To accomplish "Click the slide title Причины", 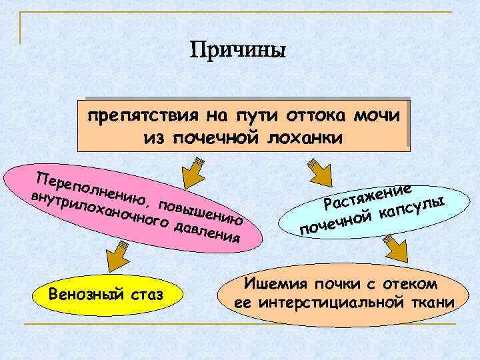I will pos(237,51).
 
